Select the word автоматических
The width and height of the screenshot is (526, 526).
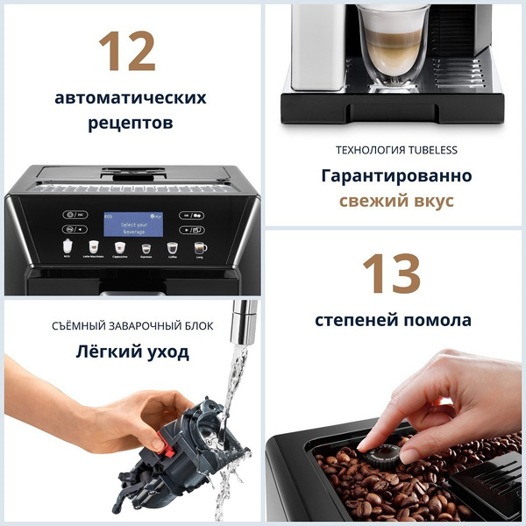[x=131, y=97]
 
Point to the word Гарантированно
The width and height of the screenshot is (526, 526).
[x=395, y=175]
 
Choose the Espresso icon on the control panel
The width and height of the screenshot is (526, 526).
[x=146, y=249]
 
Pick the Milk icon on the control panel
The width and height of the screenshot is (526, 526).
[x=68, y=249]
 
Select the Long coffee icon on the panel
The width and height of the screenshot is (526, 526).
[x=200, y=249]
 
